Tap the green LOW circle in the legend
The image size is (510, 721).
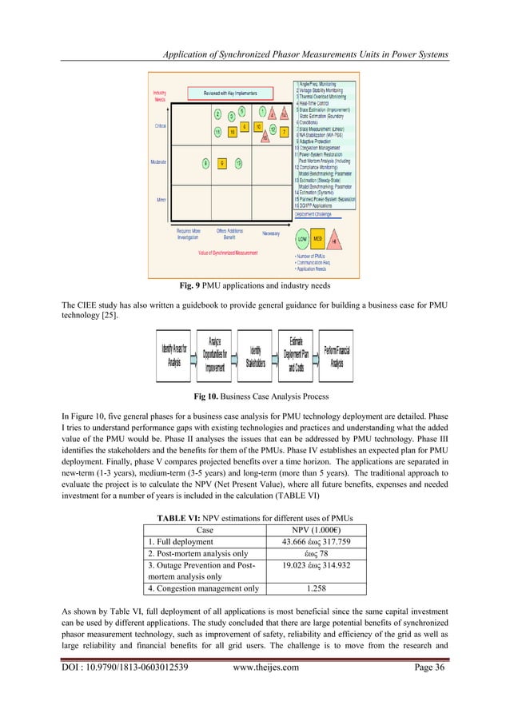tap(302, 217)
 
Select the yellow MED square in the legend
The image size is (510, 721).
tap(318, 217)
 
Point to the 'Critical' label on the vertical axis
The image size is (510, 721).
tap(160, 125)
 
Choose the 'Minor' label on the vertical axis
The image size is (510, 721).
tap(161, 199)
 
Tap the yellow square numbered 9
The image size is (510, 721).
tap(222, 163)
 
